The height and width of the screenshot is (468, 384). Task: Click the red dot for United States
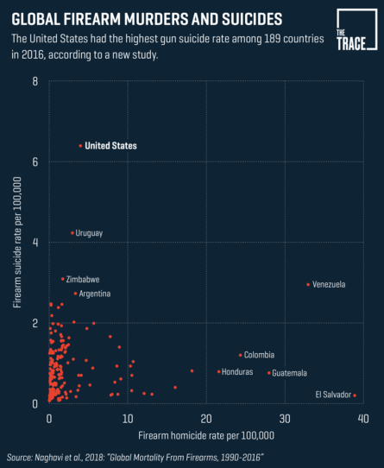(x=80, y=146)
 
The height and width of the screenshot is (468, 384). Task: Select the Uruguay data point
(x=72, y=233)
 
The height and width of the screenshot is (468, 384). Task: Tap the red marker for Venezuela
(x=307, y=284)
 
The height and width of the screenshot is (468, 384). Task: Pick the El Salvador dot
(x=354, y=395)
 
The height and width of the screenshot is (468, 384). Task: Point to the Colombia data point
(x=240, y=355)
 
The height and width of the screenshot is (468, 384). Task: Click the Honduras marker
(x=218, y=372)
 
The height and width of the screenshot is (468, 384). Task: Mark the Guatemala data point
(x=268, y=373)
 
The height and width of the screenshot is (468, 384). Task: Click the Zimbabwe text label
(x=83, y=280)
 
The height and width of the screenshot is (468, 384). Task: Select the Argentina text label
(x=93, y=294)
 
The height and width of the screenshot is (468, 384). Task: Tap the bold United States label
(x=111, y=146)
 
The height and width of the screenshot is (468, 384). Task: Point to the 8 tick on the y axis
(x=35, y=81)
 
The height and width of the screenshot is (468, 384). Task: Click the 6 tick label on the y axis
(x=35, y=161)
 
